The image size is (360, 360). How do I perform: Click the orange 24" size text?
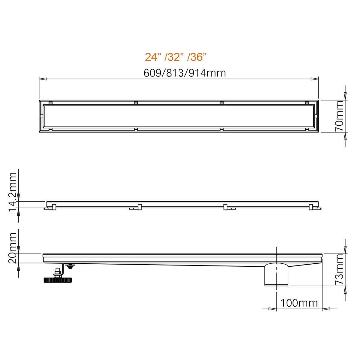(x=153, y=57)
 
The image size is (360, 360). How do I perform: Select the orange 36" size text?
(x=198, y=57)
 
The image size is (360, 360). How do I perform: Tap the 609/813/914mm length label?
(x=184, y=73)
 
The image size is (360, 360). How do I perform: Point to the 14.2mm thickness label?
(x=13, y=192)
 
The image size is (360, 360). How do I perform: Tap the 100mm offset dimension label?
(x=299, y=303)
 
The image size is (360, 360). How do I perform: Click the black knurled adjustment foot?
(x=58, y=280)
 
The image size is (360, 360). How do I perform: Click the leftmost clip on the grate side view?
(x=54, y=207)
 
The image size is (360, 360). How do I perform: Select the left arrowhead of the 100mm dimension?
(x=272, y=309)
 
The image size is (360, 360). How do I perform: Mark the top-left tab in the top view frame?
(x=50, y=103)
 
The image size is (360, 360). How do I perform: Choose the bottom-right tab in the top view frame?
(x=307, y=130)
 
